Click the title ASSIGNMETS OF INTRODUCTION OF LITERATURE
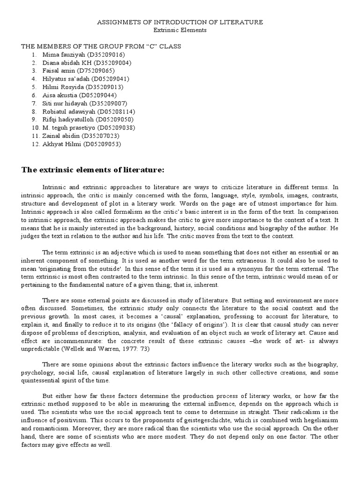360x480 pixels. pyautogui.click(x=180, y=22)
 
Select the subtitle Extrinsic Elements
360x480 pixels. pyautogui.click(x=180, y=30)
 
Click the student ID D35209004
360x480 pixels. pyautogui.click(x=112, y=62)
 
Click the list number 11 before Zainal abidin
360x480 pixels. pyautogui.click(x=36, y=135)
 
